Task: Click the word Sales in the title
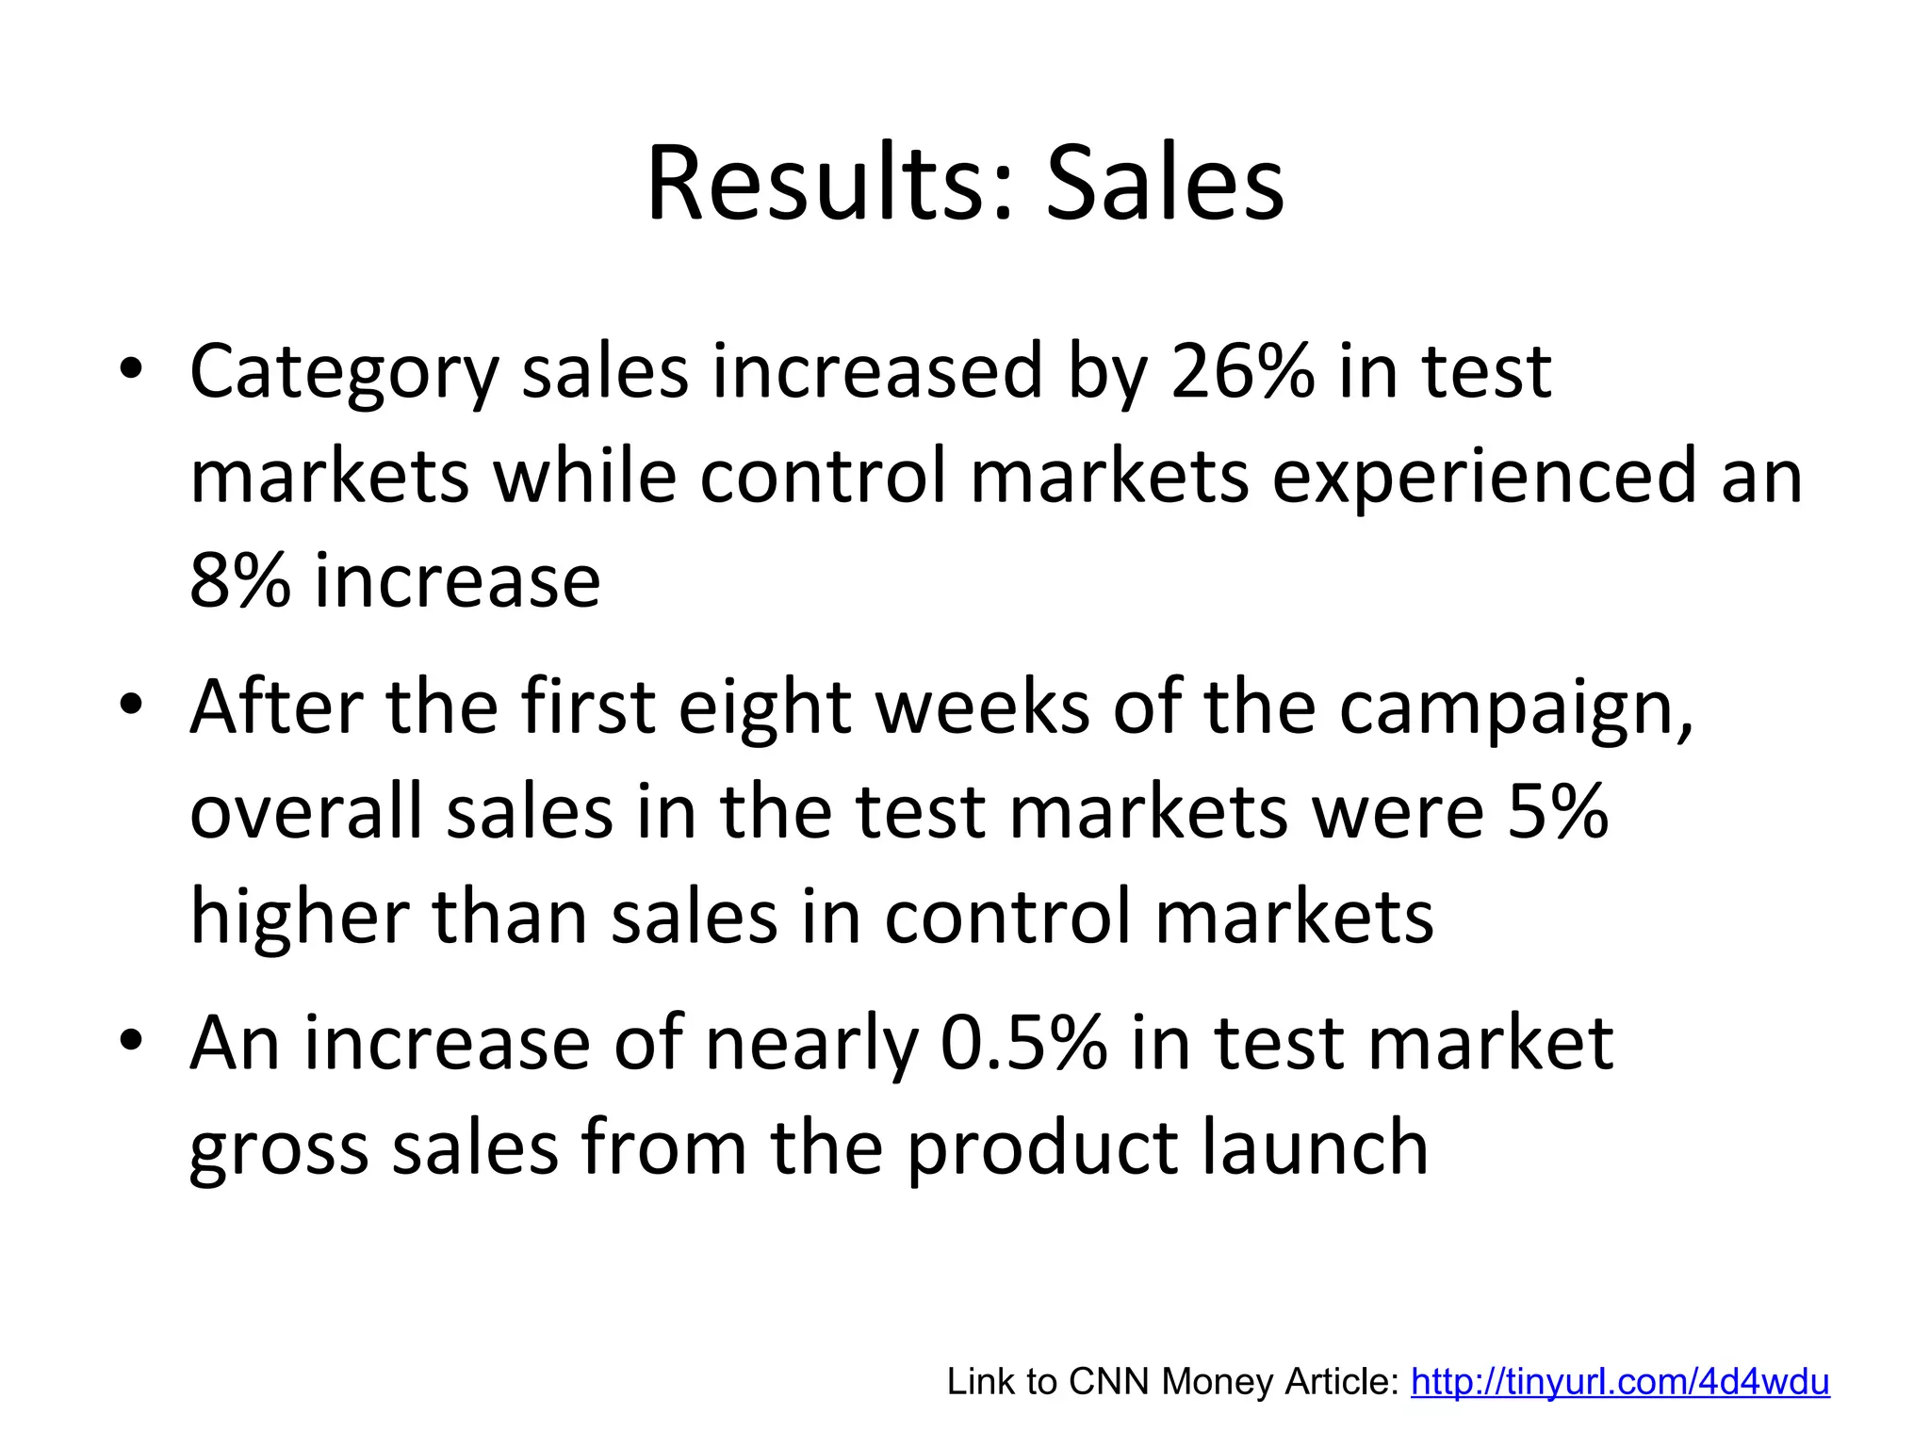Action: tap(1165, 184)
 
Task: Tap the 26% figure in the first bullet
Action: tap(1242, 371)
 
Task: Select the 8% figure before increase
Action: tap(239, 580)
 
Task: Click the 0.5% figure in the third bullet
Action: tap(1023, 1044)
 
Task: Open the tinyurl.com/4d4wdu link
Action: tap(1619, 1382)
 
